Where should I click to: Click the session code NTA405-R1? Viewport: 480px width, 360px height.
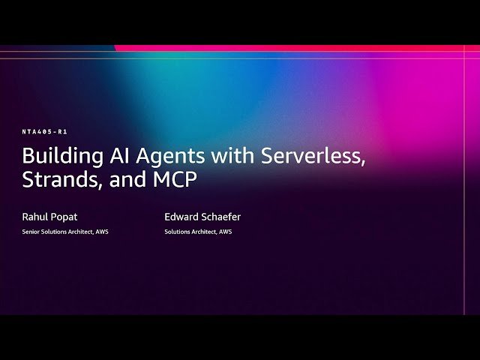coord(45,132)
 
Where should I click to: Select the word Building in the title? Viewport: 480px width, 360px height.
coord(56,157)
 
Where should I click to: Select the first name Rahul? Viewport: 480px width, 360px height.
coord(35,217)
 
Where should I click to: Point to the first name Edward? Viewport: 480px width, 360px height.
coord(182,217)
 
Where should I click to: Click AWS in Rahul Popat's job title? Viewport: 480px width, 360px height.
coord(102,232)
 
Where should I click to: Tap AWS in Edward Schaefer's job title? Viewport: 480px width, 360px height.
coord(226,232)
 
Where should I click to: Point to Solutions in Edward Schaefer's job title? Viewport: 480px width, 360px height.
coord(177,232)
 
